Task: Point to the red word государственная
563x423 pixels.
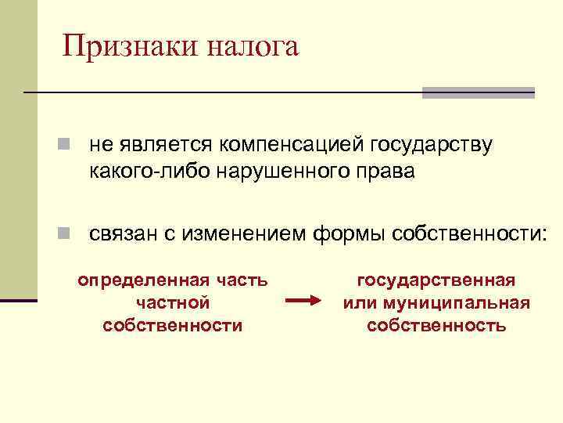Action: [436, 280]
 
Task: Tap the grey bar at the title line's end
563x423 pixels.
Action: [478, 92]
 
